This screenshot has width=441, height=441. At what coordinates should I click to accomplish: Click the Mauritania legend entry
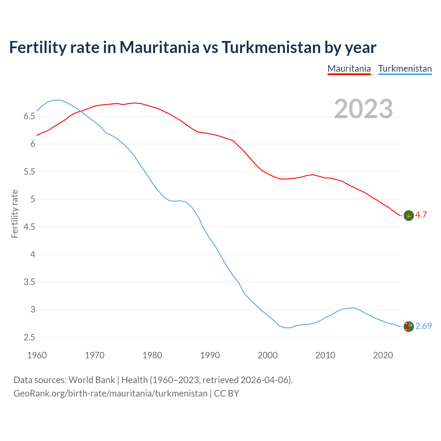(x=349, y=69)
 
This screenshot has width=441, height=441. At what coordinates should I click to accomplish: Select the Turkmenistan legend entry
(x=405, y=69)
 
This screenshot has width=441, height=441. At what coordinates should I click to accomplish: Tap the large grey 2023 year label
(x=363, y=109)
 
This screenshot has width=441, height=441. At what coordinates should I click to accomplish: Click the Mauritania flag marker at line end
(x=409, y=215)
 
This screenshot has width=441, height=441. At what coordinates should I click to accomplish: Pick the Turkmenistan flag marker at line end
(x=409, y=326)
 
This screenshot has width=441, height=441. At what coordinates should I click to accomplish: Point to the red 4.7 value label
(x=421, y=215)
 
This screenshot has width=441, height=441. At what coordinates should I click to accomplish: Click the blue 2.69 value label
(x=423, y=326)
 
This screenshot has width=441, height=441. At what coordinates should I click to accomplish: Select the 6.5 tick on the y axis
(x=29, y=116)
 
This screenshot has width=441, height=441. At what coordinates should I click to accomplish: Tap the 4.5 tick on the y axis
(x=29, y=227)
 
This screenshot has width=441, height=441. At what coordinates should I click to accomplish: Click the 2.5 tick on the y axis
(x=29, y=338)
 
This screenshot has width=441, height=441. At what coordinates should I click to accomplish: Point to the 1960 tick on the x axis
(x=37, y=355)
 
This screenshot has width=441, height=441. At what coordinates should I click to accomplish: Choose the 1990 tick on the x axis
(x=210, y=355)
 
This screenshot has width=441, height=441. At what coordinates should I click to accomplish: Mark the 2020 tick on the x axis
(x=383, y=355)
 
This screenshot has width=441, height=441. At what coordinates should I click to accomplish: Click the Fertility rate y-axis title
(x=14, y=214)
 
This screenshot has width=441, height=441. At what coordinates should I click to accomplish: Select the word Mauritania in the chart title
(x=159, y=47)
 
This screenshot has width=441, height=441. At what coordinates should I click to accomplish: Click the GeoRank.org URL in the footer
(x=110, y=393)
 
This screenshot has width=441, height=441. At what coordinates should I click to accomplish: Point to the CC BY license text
(x=226, y=393)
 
